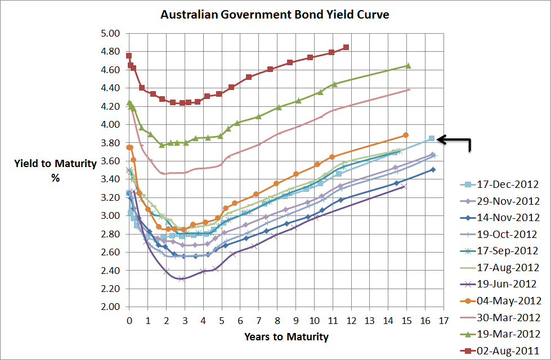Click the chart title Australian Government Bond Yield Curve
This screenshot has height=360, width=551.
(275, 14)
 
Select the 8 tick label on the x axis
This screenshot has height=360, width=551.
(277, 321)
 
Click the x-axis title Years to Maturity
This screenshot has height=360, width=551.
(286, 337)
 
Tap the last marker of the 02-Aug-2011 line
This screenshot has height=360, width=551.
(346, 47)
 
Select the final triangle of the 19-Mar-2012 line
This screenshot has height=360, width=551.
(408, 66)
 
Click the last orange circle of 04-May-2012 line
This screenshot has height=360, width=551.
(406, 135)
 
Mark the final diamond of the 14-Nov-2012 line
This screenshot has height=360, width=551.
(433, 169)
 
